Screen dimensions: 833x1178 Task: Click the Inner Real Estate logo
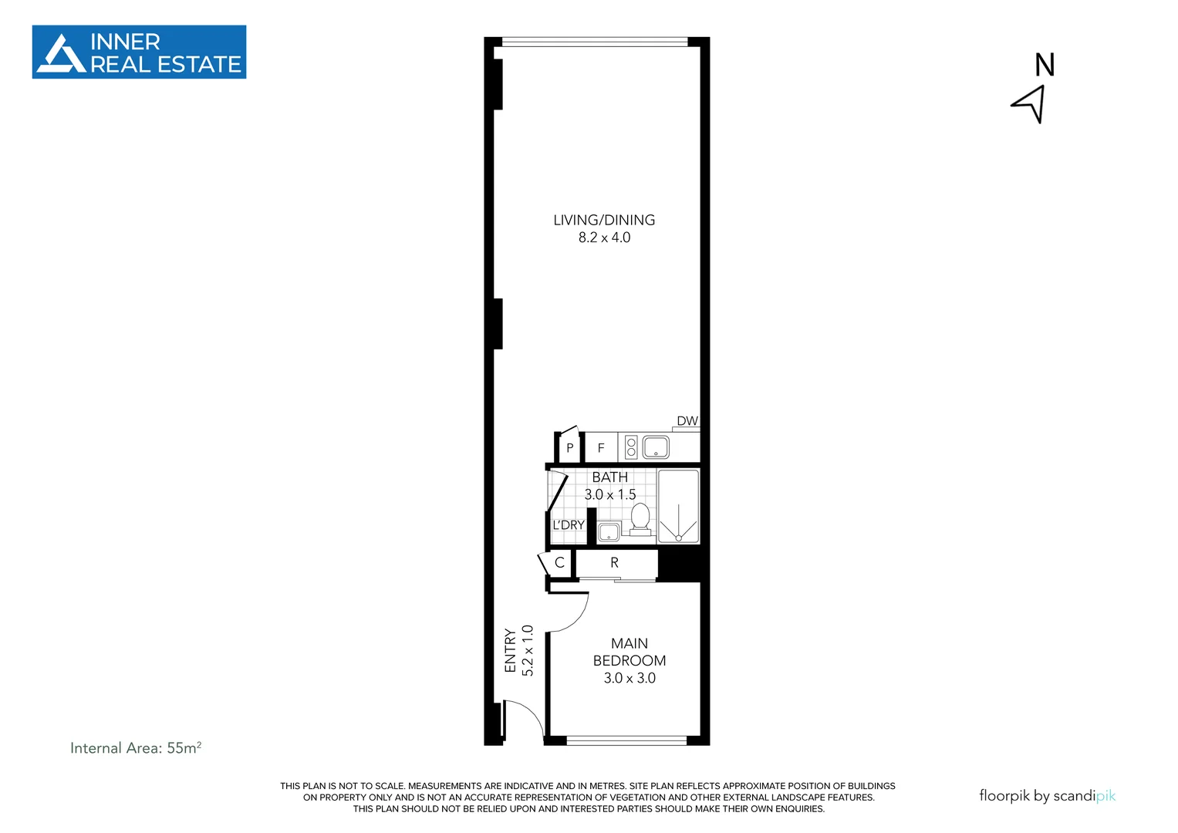tap(139, 52)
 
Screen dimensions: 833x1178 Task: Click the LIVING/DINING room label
tap(604, 220)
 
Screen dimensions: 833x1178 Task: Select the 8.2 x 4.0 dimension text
tap(604, 238)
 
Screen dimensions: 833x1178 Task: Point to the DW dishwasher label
tap(687, 421)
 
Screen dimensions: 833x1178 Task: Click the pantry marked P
tap(569, 447)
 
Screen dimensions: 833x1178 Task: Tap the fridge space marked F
tap(601, 447)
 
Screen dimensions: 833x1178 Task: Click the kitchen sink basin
tap(656, 447)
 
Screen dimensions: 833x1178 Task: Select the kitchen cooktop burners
tap(631, 447)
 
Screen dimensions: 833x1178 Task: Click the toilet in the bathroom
tap(640, 518)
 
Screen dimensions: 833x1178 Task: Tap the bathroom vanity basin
tap(609, 531)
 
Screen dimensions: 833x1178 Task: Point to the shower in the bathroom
tap(679, 505)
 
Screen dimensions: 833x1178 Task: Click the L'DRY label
tap(569, 525)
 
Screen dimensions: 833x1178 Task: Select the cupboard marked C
tap(559, 562)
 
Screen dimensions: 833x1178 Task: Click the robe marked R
tap(615, 562)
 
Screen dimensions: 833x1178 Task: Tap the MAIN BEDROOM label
tap(630, 652)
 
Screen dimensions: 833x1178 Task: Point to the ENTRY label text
tap(510, 650)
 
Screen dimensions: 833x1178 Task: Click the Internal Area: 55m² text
tap(136, 747)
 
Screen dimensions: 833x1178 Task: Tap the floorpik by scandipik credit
tap(1047, 795)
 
